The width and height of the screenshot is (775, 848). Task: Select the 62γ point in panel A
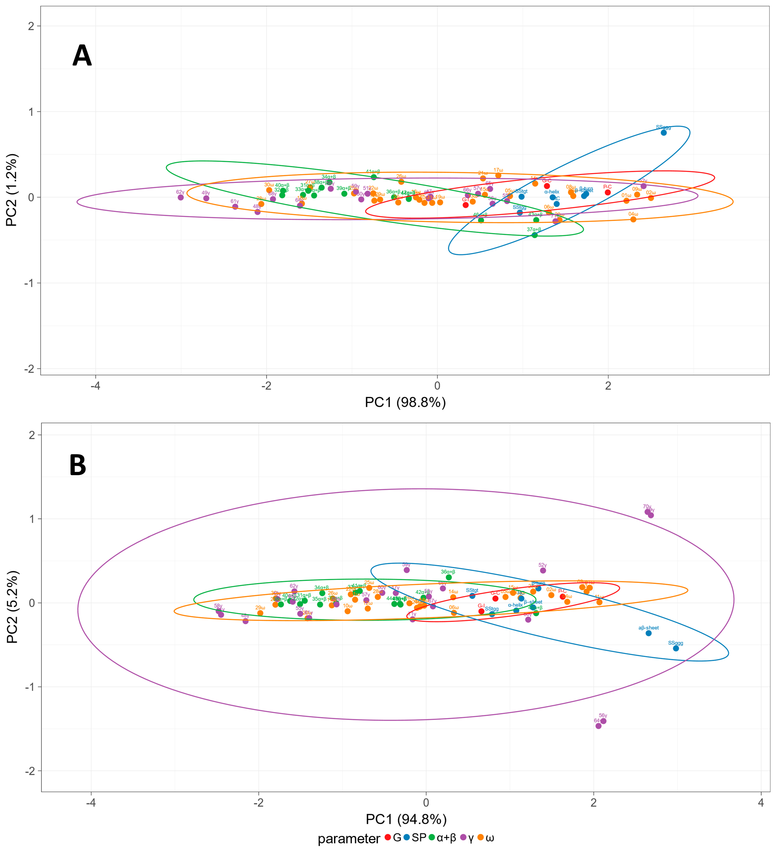pyautogui.click(x=181, y=197)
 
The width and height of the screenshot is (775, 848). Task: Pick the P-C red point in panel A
pyautogui.click(x=608, y=192)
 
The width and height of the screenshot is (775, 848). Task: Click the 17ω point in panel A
pyautogui.click(x=498, y=175)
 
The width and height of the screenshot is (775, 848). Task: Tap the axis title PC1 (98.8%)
pyautogui.click(x=405, y=402)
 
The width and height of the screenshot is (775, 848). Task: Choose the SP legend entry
pyautogui.click(x=419, y=837)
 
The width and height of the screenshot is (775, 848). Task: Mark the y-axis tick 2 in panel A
pyautogui.click(x=31, y=26)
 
